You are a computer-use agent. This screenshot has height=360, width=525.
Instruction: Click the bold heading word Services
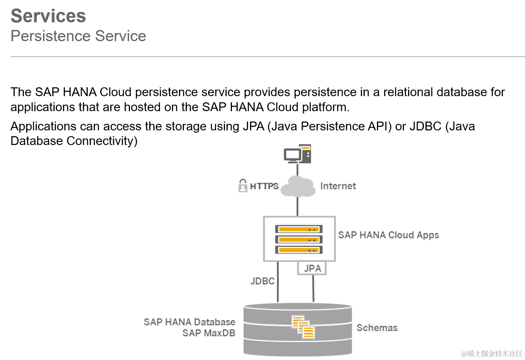[x=48, y=16]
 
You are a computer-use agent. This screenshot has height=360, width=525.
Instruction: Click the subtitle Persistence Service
[x=78, y=36]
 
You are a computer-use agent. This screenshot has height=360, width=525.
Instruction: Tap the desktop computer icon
[x=297, y=154]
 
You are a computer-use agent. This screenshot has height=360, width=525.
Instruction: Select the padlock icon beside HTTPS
[x=243, y=186]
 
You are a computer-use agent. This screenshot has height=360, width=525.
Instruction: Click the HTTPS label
[x=264, y=186]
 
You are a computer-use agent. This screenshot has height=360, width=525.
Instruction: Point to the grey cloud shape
[x=298, y=187]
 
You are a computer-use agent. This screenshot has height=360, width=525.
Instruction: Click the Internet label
[x=338, y=186]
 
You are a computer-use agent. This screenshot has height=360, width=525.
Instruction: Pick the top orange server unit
[x=299, y=230]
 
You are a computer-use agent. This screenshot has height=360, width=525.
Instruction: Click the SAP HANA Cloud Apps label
[x=388, y=235]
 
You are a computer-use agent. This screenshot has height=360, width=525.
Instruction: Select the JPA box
[x=312, y=268]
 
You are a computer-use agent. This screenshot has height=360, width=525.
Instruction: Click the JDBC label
[x=263, y=281]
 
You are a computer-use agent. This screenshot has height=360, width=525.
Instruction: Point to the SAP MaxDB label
[x=209, y=333]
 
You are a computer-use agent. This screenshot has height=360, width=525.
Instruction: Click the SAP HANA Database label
[x=190, y=322]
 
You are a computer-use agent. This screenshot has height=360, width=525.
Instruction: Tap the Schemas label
[x=377, y=328]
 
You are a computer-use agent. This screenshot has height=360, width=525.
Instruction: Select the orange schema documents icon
[x=303, y=327]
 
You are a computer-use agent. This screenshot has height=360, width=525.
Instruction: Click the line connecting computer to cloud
[x=297, y=170]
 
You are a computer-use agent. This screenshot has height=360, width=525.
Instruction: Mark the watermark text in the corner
[x=492, y=353]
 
